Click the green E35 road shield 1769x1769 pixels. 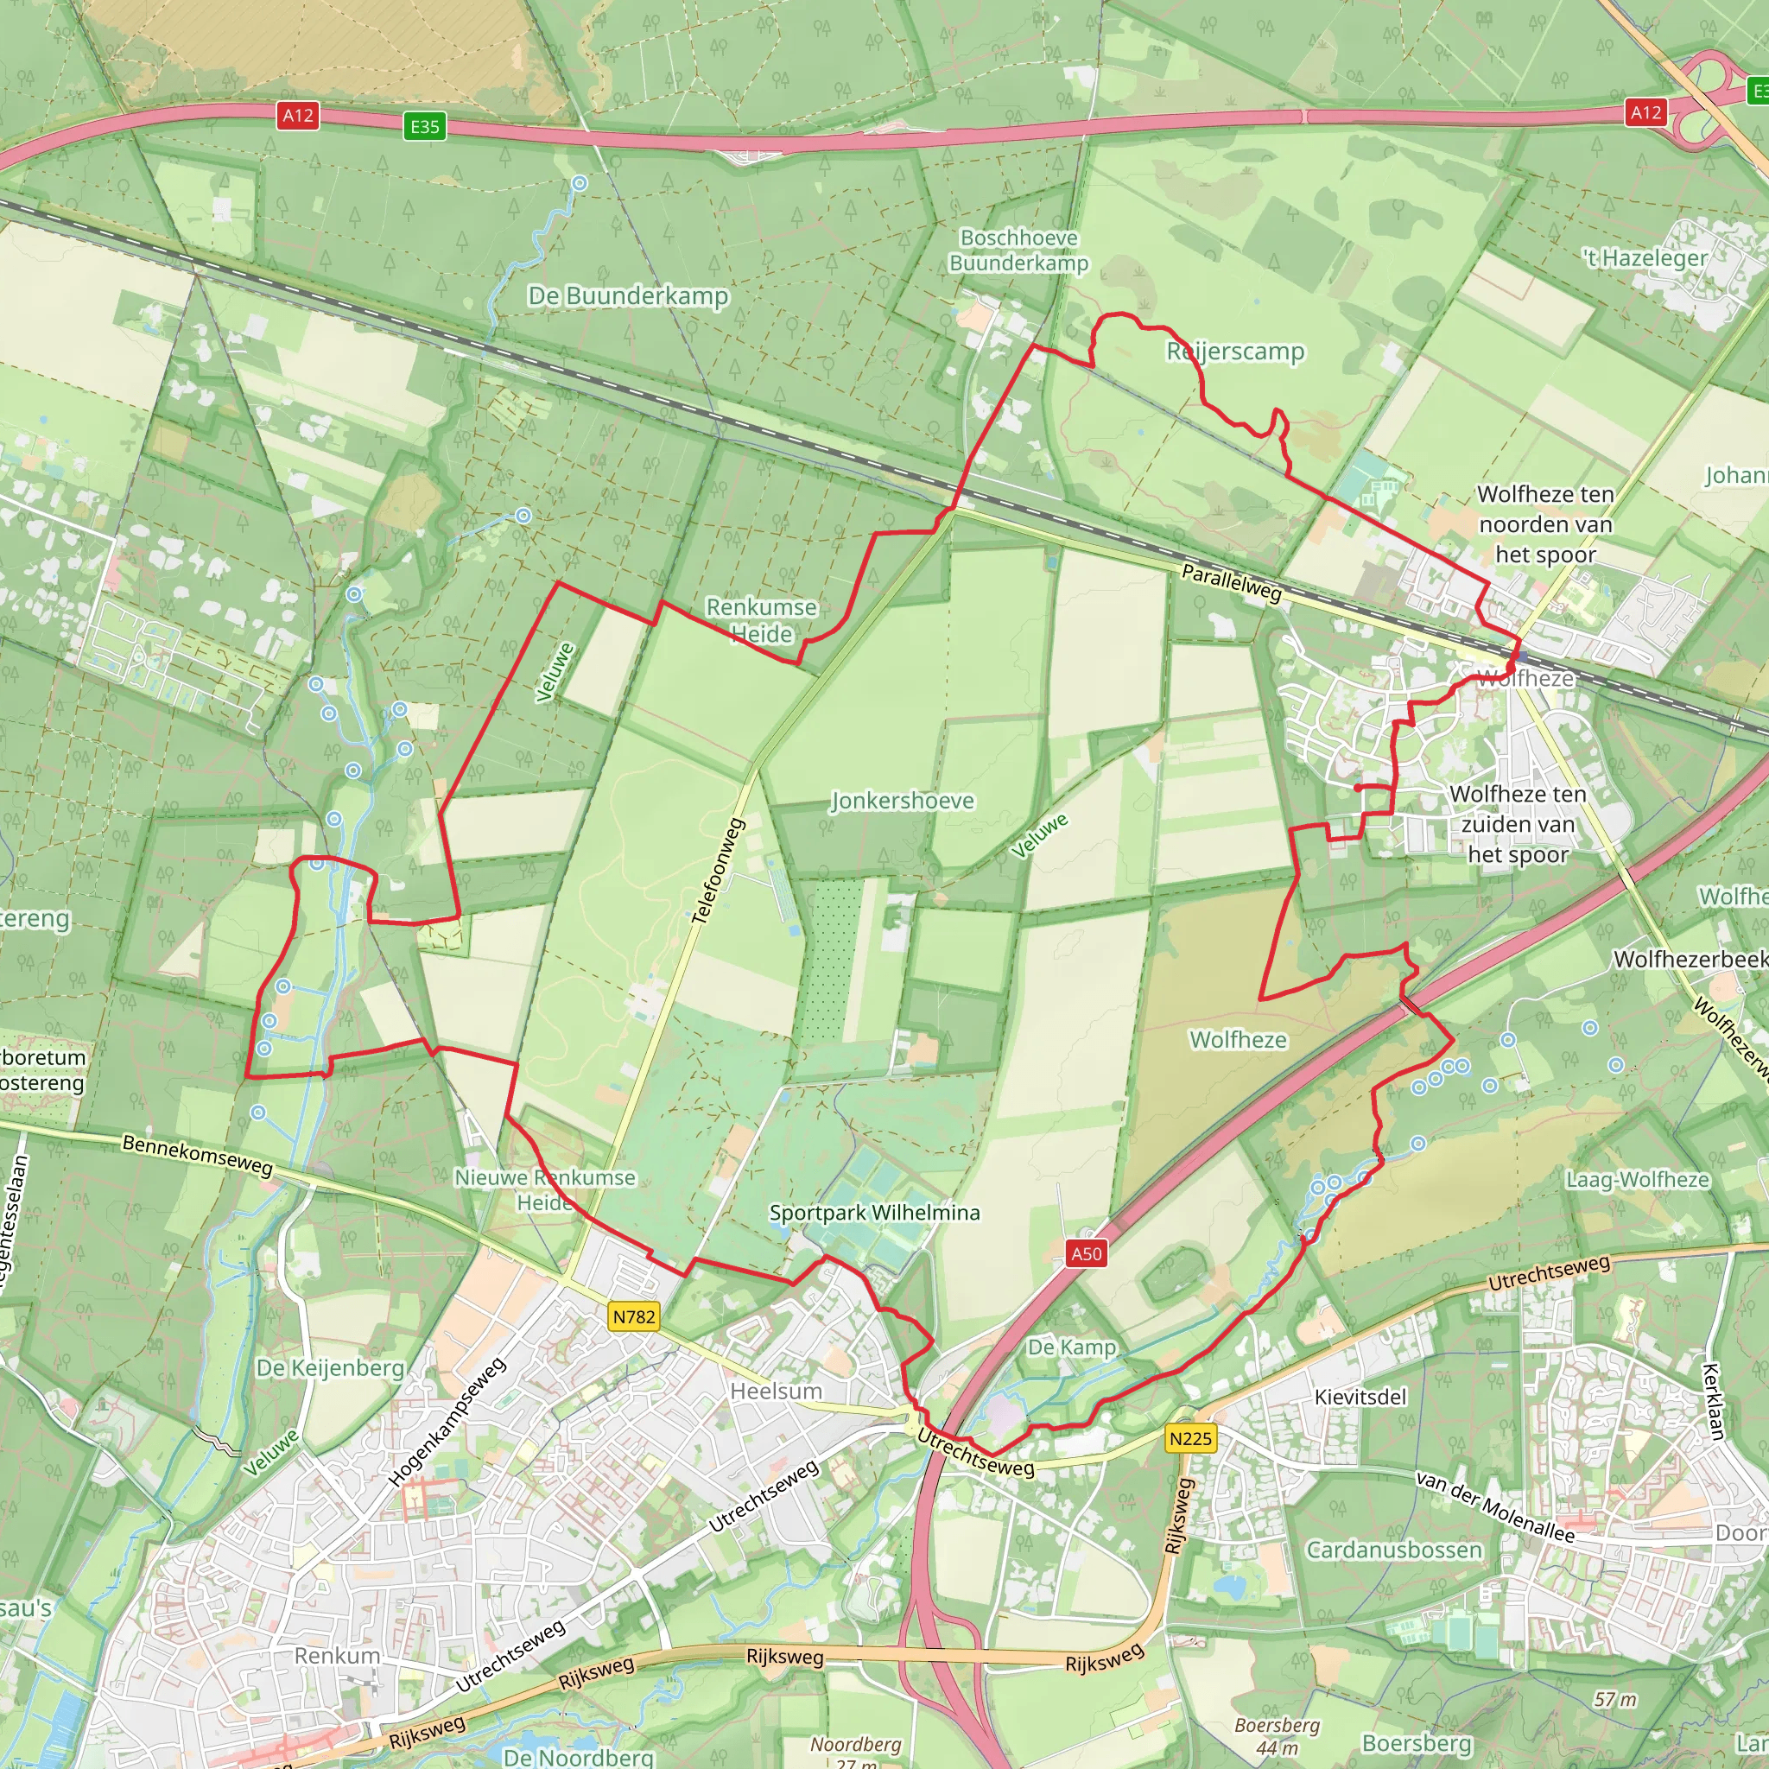(x=425, y=126)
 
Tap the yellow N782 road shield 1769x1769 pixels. (x=634, y=1316)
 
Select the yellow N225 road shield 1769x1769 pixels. (x=1190, y=1438)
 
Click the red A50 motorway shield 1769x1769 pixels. (x=1087, y=1253)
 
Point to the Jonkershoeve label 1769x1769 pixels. (x=902, y=802)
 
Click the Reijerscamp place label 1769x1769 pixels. (x=1235, y=352)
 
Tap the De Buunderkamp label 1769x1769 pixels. (x=628, y=295)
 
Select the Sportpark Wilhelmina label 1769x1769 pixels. (x=874, y=1212)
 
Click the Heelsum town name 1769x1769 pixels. (x=776, y=1391)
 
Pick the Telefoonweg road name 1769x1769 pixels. (x=719, y=871)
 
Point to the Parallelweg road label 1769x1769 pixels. (x=1232, y=582)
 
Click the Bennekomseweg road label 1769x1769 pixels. (x=198, y=1155)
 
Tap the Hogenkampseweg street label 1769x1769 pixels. (x=447, y=1422)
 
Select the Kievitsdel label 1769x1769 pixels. (x=1360, y=1397)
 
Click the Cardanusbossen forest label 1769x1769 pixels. (x=1393, y=1550)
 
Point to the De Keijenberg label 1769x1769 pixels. (x=330, y=1368)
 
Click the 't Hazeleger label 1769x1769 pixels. (x=1645, y=258)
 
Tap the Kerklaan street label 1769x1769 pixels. (x=1714, y=1401)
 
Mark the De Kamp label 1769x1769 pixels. (x=1071, y=1347)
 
